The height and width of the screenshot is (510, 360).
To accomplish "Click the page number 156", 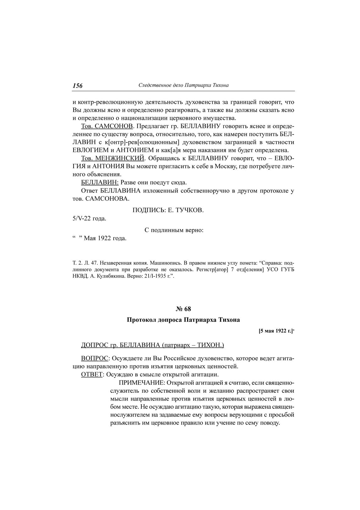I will coord(78,86).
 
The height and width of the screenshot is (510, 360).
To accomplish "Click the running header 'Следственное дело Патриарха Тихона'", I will coord(183,85).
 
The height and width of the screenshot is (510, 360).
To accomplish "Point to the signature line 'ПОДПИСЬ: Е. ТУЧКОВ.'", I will coord(168,210).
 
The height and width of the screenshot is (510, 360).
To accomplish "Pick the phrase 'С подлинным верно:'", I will coord(174,230).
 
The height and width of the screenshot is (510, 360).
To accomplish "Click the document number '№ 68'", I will coord(183,309).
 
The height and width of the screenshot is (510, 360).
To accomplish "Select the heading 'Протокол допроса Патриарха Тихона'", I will coord(183,320).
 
